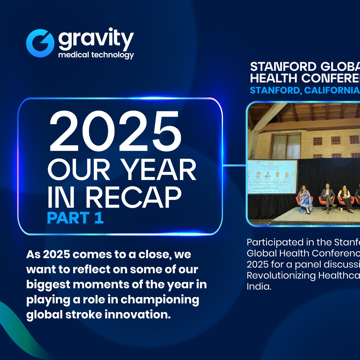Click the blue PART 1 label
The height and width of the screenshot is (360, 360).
[x=75, y=218]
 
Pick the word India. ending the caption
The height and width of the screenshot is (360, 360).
[x=259, y=286]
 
